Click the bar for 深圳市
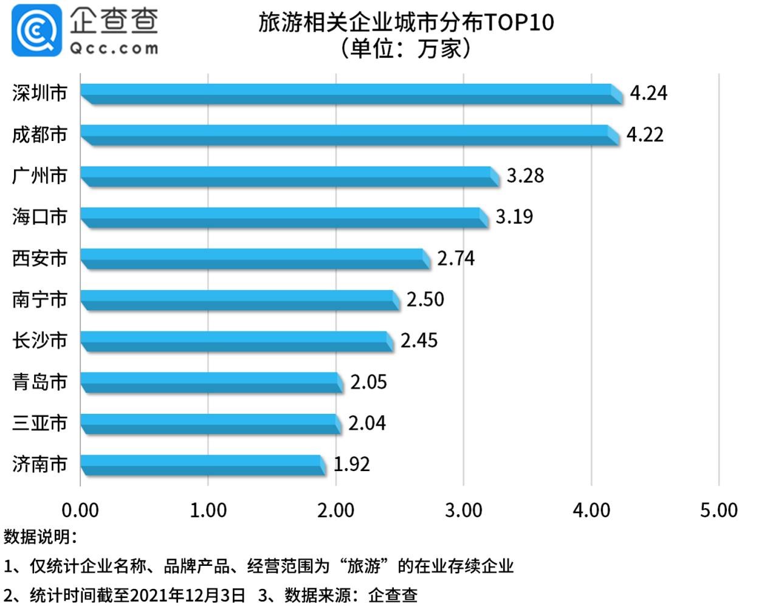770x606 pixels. pyautogui.click(x=351, y=94)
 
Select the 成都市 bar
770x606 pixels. pyautogui.click(x=349, y=135)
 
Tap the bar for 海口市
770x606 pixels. pyautogui.click(x=284, y=218)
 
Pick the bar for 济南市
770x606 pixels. pyautogui.click(x=203, y=465)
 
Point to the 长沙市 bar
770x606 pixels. pyautogui.click(x=236, y=341)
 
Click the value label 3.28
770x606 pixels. pyautogui.click(x=525, y=176)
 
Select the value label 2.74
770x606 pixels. pyautogui.click(x=456, y=258)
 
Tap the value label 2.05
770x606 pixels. pyautogui.click(x=368, y=382)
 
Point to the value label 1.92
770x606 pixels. pyautogui.click(x=351, y=464)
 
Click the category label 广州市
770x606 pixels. pyautogui.click(x=40, y=176)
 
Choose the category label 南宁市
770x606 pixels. pyautogui.click(x=40, y=300)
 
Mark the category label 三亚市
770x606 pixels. pyautogui.click(x=40, y=423)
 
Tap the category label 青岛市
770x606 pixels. pyautogui.click(x=40, y=382)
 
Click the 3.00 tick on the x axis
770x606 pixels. pyautogui.click(x=464, y=510)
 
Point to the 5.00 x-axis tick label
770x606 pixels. pyautogui.click(x=719, y=510)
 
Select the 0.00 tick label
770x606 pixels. pyautogui.click(x=80, y=510)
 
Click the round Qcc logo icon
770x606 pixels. pyautogui.click(x=36, y=30)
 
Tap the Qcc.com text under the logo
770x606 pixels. pyautogui.click(x=114, y=48)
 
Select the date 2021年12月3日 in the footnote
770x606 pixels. pyautogui.click(x=188, y=594)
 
